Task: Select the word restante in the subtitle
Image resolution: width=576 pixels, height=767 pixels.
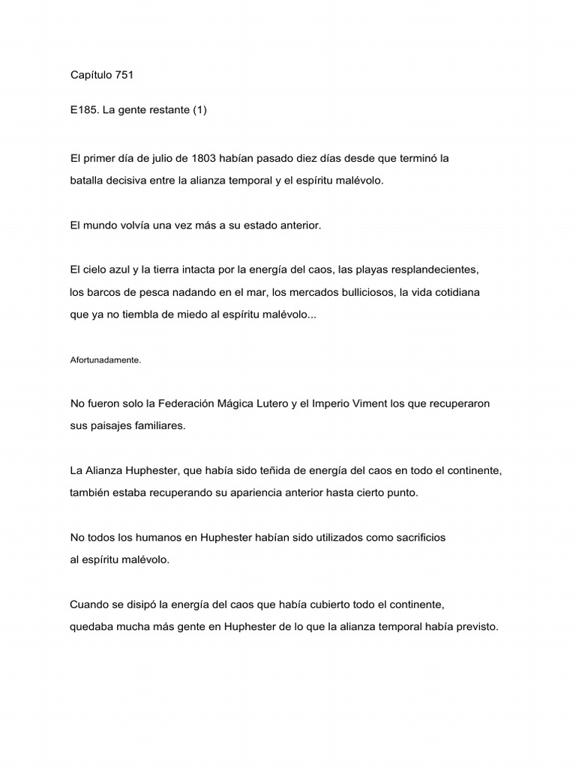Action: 167,110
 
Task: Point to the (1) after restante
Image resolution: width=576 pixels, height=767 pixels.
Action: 199,110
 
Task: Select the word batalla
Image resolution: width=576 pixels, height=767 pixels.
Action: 87,181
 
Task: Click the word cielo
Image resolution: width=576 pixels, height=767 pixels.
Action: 94,269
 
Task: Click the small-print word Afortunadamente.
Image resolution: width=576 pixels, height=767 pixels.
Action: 105,360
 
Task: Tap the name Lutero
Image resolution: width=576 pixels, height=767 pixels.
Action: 274,403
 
